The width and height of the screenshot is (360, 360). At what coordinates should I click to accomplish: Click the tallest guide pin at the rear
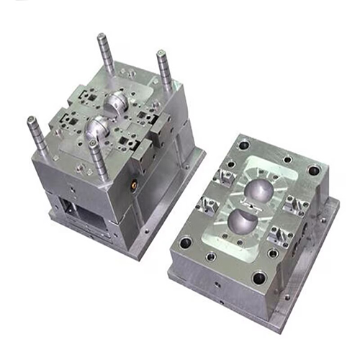click(106, 53)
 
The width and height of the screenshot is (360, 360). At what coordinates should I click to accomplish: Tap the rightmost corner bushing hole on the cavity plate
click(314, 171)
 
